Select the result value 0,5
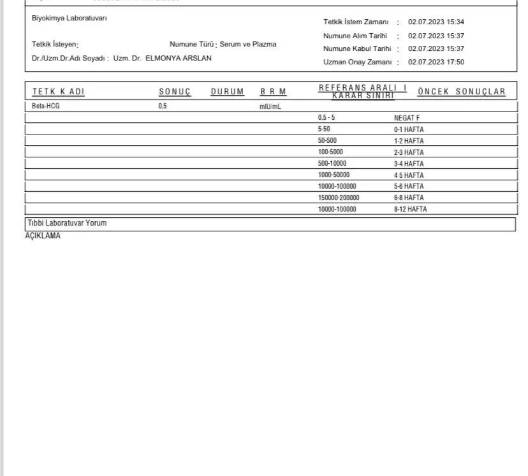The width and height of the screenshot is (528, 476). pos(163,106)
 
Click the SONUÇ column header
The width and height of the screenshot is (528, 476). pos(175,92)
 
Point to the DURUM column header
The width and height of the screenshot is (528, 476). pos(227,92)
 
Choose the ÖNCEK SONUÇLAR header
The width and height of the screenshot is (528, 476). pos(461,92)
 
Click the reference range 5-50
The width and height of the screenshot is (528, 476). pos(323,129)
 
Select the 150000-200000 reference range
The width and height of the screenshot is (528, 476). pos(338,198)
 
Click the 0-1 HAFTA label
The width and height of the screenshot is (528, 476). pos(409,129)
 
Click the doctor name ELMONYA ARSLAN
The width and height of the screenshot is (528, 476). pos(179,58)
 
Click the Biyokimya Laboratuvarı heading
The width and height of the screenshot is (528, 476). pos(70,18)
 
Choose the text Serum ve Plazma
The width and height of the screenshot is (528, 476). pos(248,44)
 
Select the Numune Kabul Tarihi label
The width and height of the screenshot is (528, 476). pos(356,49)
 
